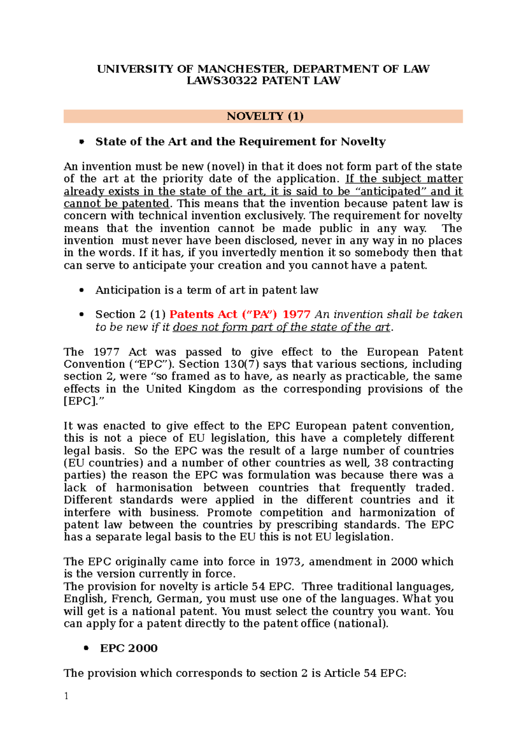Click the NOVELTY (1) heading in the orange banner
265,116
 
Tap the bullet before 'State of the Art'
81,142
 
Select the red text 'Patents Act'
203,315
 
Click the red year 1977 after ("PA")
296,315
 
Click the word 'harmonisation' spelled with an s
154,488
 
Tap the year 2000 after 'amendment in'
404,562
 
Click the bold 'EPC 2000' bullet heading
128,648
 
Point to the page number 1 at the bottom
66,696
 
